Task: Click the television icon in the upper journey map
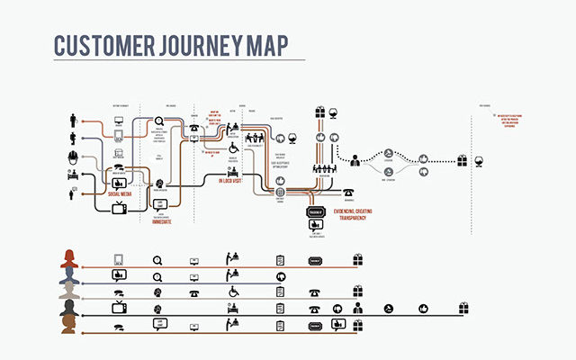[118, 208]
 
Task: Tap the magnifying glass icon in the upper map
[160, 121]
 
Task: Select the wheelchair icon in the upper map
[232, 148]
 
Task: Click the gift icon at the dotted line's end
[462, 161]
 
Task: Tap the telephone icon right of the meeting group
[347, 192]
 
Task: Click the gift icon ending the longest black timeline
[463, 309]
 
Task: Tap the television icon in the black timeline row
[118, 309]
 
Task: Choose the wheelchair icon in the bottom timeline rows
[231, 292]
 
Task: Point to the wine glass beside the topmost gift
[336, 112]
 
